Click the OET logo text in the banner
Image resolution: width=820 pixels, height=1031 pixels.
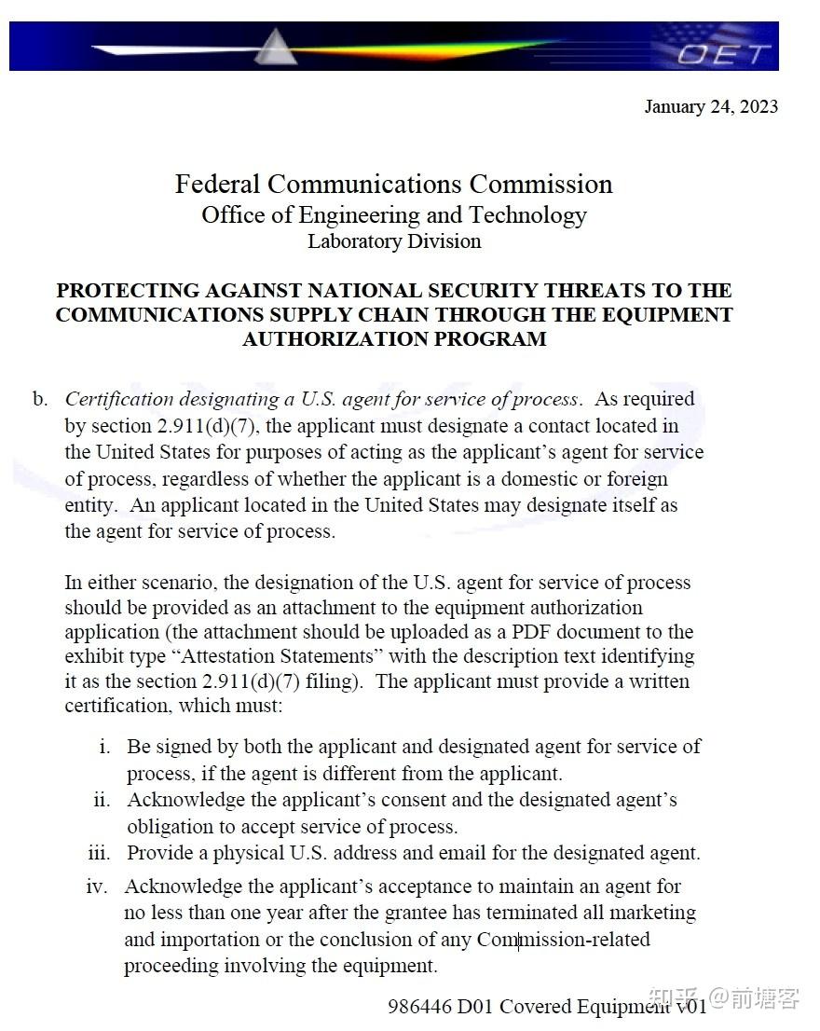click(x=724, y=53)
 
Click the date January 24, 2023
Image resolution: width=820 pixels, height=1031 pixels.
click(x=711, y=106)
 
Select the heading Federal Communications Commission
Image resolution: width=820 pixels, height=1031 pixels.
click(x=393, y=184)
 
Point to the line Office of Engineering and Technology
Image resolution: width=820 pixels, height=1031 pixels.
click(x=393, y=215)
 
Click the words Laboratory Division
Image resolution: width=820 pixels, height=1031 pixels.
click(x=394, y=241)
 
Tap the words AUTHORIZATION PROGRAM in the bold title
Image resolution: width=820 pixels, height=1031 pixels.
click(x=394, y=339)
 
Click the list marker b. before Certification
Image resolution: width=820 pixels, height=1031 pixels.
click(x=40, y=399)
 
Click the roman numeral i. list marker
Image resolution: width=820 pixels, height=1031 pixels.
click(x=105, y=747)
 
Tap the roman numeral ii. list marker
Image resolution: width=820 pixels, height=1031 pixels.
click(x=102, y=800)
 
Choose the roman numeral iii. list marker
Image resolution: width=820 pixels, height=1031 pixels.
click(x=99, y=853)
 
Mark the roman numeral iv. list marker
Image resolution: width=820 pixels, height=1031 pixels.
click(x=97, y=887)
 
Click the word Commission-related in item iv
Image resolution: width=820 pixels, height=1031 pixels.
click(x=563, y=939)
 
